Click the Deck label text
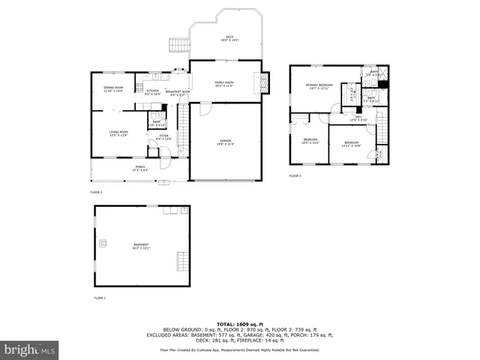click(229, 38)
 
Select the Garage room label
click(225, 141)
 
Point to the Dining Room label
click(113, 89)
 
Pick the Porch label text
click(140, 168)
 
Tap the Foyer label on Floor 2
click(163, 137)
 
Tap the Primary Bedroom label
click(319, 86)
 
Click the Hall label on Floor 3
click(358, 117)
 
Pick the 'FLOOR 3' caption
click(295, 175)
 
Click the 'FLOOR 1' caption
click(100, 298)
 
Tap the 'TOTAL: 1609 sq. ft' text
click(240, 323)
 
